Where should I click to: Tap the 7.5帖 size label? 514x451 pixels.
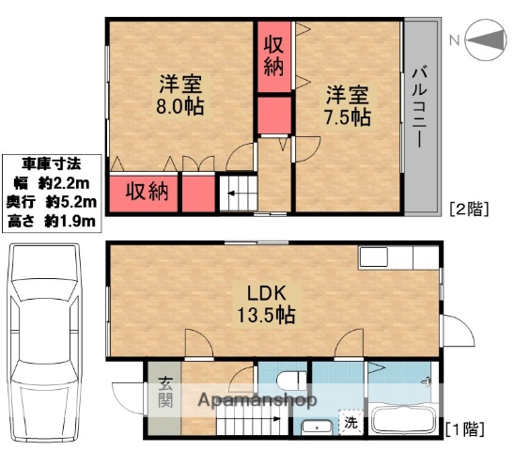point(348,117)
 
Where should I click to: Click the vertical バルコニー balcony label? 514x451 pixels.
point(420,107)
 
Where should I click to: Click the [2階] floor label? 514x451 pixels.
point(468,209)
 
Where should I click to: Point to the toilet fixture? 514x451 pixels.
point(291,381)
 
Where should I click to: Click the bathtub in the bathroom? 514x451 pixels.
point(403,423)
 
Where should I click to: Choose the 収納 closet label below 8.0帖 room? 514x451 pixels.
point(147,193)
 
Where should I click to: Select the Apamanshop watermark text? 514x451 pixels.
point(256,401)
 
